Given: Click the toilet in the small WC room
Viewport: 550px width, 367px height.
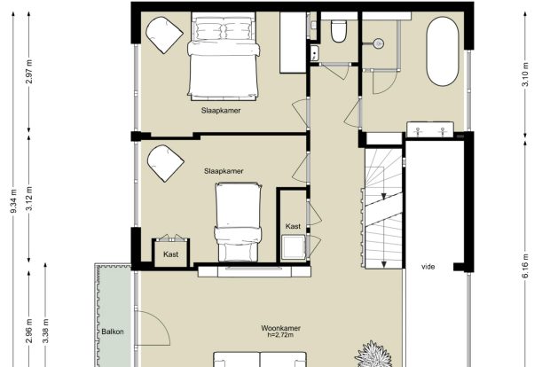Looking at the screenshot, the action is tap(339, 31).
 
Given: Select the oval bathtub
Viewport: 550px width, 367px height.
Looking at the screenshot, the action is tap(443, 51).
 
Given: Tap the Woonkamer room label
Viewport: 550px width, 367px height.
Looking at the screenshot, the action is tap(280, 329).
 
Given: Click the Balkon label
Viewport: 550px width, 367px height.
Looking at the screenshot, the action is tap(113, 332).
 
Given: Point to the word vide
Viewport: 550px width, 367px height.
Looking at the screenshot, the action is tap(428, 267).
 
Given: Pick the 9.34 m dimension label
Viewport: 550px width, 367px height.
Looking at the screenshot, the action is tap(13, 201).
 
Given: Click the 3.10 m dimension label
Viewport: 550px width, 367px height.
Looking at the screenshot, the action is tap(525, 74).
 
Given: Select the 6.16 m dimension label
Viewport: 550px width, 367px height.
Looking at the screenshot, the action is tap(525, 267).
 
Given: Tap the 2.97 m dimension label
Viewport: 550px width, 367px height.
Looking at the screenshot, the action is tap(29, 72).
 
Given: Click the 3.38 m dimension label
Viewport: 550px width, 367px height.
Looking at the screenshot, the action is tap(45, 332).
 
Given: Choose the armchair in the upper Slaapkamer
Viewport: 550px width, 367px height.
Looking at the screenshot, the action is tap(164, 35).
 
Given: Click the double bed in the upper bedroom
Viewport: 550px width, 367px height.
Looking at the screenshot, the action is tap(224, 56).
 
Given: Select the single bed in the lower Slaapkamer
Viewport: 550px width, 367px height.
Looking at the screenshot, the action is tap(238, 222).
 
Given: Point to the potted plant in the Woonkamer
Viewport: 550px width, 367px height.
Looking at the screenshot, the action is tap(373, 355).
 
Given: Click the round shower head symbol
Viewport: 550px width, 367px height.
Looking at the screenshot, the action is tap(378, 43).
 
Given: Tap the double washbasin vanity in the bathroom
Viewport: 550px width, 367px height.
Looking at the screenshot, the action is tap(430, 129).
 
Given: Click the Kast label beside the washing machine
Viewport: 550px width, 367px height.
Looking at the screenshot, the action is tap(293, 226).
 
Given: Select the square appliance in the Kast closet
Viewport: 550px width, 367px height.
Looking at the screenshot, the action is tap(294, 247).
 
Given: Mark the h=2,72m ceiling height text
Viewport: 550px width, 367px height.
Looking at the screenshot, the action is tap(280, 335).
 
